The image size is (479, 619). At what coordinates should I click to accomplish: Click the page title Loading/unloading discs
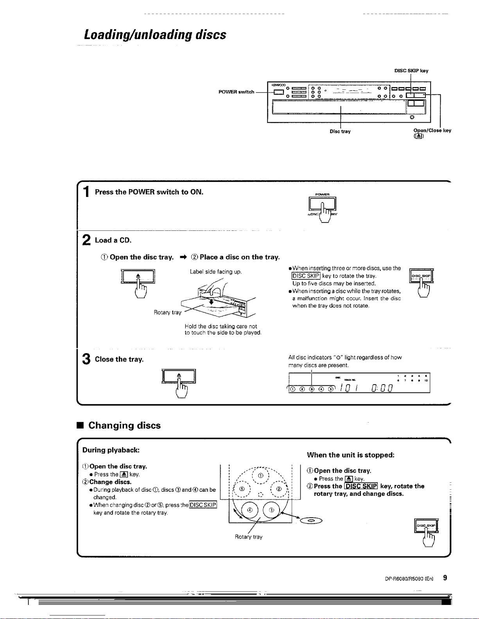(155, 35)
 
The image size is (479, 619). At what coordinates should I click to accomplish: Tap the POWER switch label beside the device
(236, 92)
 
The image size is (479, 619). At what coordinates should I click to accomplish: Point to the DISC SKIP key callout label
(411, 71)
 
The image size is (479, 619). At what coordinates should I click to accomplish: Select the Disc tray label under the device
(340, 132)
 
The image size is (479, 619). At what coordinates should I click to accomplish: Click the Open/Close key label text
(432, 130)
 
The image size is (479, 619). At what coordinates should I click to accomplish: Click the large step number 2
(86, 240)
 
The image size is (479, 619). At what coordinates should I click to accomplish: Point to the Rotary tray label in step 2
(167, 312)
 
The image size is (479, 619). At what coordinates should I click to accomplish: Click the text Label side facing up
(216, 271)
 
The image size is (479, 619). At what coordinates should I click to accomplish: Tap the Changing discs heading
(124, 425)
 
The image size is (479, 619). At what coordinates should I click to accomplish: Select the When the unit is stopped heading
(350, 455)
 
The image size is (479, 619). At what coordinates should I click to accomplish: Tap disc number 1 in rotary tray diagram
(260, 476)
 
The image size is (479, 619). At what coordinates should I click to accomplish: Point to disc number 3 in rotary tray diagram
(272, 510)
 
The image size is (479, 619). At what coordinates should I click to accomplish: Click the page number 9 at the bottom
(445, 578)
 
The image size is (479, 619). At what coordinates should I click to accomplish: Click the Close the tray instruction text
(119, 359)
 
